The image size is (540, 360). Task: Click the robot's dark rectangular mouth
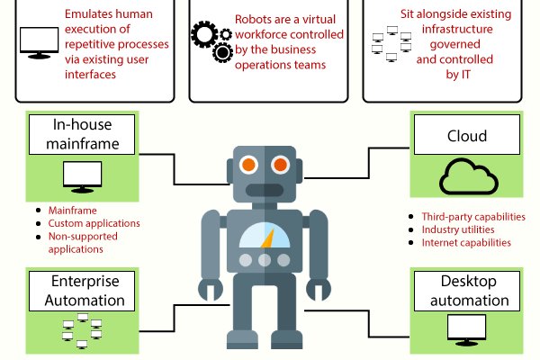coord(264,192)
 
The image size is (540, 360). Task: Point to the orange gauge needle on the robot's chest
coord(266,238)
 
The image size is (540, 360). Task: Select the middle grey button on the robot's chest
coord(264,260)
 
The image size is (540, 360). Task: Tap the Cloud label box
coord(466,137)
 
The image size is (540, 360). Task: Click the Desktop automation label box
coord(466,290)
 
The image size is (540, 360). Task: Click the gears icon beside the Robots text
coord(212,40)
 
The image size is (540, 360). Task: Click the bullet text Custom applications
coord(94,223)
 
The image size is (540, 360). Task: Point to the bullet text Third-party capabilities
coord(473,217)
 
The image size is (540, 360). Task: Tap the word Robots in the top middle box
coord(252,17)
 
